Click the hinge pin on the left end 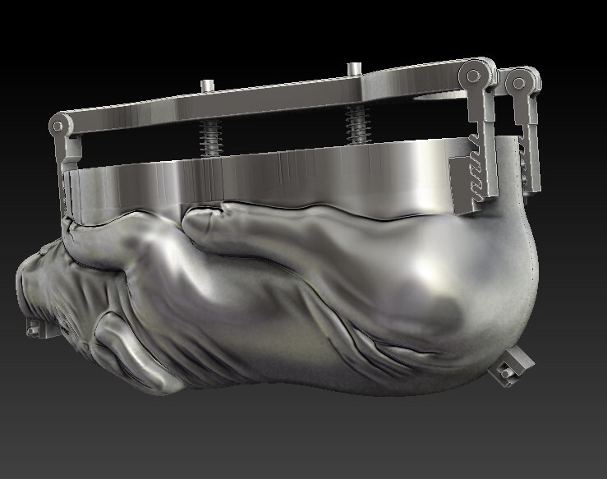(57, 127)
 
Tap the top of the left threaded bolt (207, 84)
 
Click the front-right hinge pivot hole (474, 76)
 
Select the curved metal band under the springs (271, 177)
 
